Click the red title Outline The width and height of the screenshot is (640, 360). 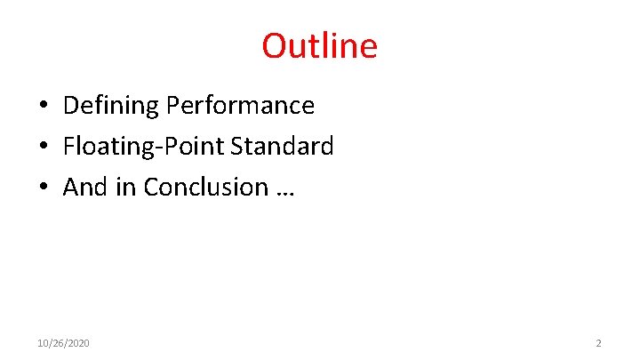pyautogui.click(x=319, y=45)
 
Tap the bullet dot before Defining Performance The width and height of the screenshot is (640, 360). pyautogui.click(x=43, y=107)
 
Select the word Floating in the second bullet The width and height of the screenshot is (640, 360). pyautogui.click(x=100, y=147)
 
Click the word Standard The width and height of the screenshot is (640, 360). pyautogui.click(x=282, y=147)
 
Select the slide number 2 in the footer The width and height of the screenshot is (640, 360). pyautogui.click(x=598, y=343)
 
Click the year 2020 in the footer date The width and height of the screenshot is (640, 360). pyautogui.click(x=78, y=343)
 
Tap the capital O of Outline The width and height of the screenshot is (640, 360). pyautogui.click(x=274, y=46)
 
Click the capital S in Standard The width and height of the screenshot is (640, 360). pyautogui.click(x=237, y=147)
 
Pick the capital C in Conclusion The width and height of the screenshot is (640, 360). pyautogui.click(x=151, y=188)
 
